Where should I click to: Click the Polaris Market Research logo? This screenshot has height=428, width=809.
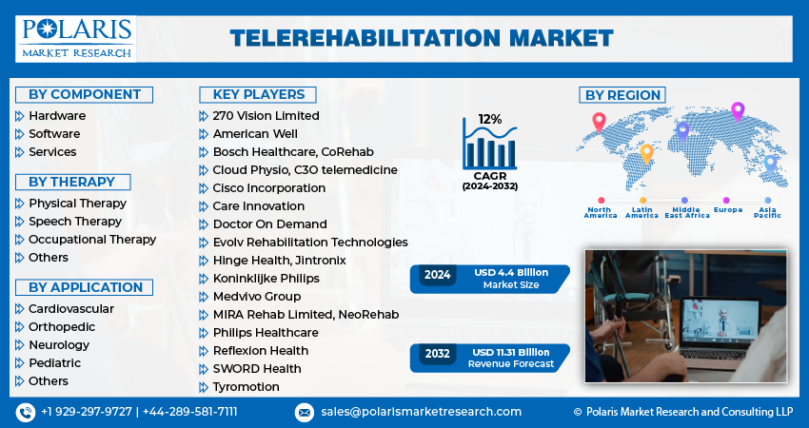(x=76, y=38)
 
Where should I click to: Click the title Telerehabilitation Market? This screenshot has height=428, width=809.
(x=422, y=38)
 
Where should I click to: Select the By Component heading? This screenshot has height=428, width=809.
(x=85, y=94)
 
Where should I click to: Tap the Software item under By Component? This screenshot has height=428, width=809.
(x=54, y=134)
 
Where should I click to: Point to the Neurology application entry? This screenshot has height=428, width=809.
(x=59, y=345)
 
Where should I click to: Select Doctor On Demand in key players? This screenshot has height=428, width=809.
(x=269, y=224)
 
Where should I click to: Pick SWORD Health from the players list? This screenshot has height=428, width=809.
(x=257, y=369)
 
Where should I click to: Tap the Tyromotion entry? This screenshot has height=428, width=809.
(x=246, y=387)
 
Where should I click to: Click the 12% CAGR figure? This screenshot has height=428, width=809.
(x=490, y=119)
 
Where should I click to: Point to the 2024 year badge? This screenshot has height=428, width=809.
(x=438, y=275)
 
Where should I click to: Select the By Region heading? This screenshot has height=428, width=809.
(x=622, y=95)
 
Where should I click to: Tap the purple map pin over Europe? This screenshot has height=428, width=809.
(x=737, y=110)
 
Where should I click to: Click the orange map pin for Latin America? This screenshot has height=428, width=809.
(x=646, y=152)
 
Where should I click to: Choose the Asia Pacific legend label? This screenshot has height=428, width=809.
(x=767, y=212)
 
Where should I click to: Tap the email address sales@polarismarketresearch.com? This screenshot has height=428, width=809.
(x=420, y=412)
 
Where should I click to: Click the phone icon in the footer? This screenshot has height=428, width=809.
(x=25, y=412)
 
